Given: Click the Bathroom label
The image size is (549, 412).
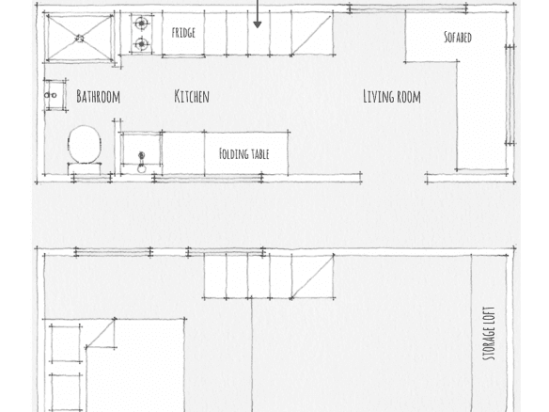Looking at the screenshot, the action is [98, 96].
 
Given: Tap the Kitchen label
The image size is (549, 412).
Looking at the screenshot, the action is [192, 96].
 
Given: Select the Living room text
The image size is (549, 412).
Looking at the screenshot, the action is [392, 96].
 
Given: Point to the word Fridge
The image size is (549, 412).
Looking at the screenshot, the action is [183, 33].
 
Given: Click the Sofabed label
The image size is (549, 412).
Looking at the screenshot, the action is [458, 37].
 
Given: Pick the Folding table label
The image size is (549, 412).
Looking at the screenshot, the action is [244, 154].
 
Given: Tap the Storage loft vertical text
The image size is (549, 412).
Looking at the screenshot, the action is [489, 334].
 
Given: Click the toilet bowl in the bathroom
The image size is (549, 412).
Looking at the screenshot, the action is [85, 144].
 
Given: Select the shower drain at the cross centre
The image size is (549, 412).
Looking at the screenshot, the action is [80, 39].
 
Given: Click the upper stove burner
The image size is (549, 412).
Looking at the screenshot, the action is [141, 24].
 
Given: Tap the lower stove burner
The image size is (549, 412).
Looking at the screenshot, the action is [141, 44].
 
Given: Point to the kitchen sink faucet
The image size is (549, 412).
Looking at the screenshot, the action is [141, 162].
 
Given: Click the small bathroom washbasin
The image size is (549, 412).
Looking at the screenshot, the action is [55, 95].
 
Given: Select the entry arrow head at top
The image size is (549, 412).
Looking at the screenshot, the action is [258, 24].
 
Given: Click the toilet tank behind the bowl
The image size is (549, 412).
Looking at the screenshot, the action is [85, 169].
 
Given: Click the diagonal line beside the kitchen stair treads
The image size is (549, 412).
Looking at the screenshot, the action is [311, 35].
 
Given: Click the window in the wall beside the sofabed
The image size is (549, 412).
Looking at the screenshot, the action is [510, 95].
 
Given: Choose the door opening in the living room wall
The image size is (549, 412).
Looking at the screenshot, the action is [394, 178].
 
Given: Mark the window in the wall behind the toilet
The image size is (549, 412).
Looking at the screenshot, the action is [92, 178].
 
